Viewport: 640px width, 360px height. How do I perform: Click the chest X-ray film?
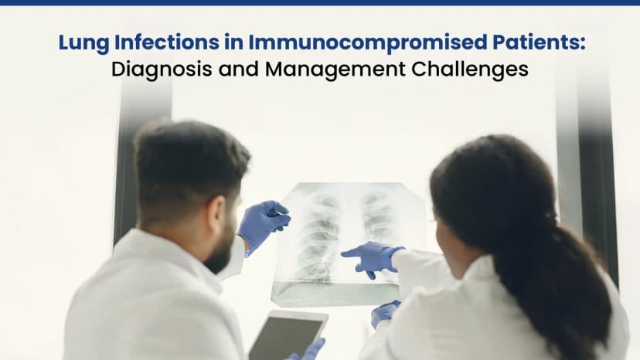pos(348,239)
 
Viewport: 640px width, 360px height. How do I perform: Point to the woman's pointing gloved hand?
pos(373,259)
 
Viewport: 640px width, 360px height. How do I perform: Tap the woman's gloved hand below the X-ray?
pos(384,312)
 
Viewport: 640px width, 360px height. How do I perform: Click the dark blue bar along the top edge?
pos(320,3)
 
